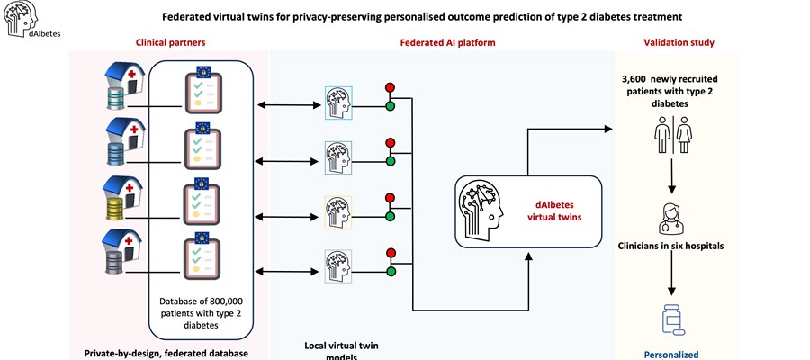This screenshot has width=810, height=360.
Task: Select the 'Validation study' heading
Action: pyautogui.click(x=679, y=42)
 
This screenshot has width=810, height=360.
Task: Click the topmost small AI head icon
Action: pyautogui.click(x=338, y=103)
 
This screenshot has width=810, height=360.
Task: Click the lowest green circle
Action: pyautogui.click(x=390, y=270)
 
